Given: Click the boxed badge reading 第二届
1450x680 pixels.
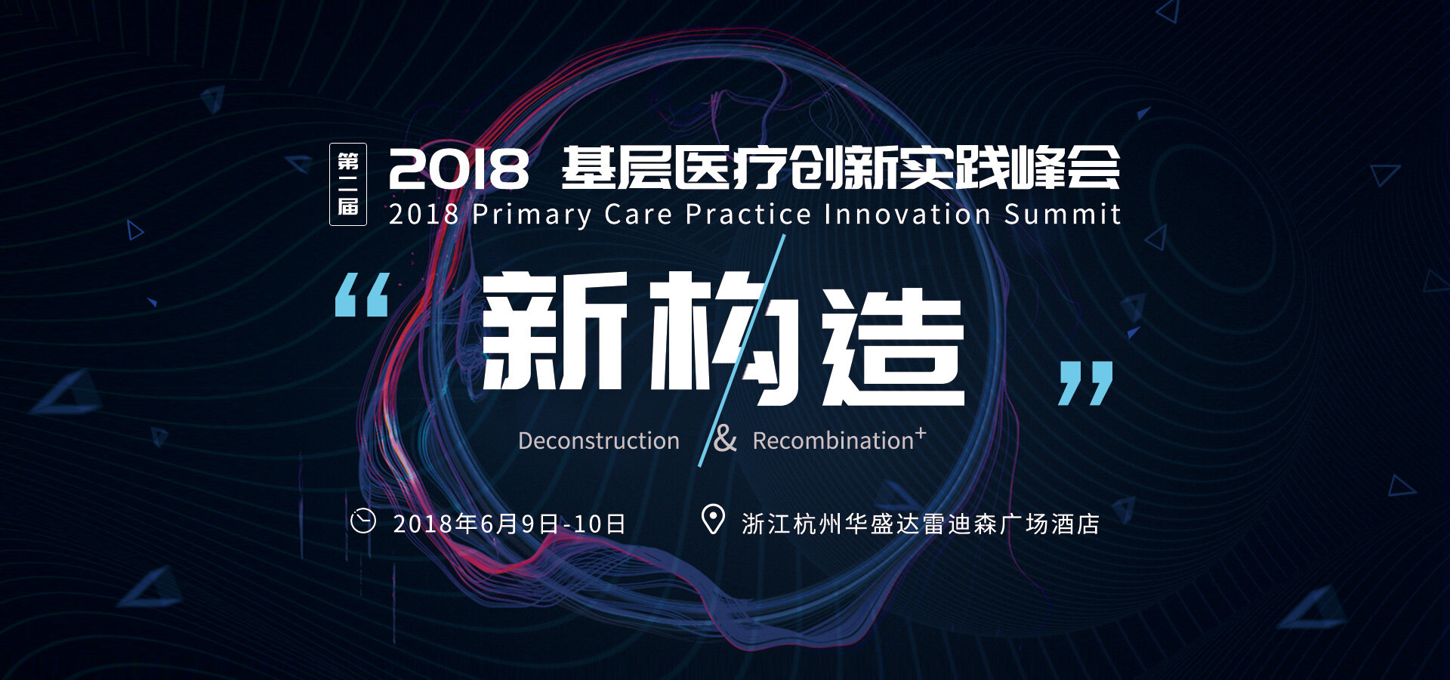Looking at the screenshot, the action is click(x=348, y=184).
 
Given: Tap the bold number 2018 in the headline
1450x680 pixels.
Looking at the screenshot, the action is click(x=458, y=168).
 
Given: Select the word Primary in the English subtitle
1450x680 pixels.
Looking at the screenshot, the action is click(x=532, y=215).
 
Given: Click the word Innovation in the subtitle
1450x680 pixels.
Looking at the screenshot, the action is click(x=907, y=214).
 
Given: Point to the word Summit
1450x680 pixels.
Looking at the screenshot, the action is click(x=1063, y=214).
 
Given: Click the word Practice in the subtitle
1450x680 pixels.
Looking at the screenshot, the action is click(x=748, y=214).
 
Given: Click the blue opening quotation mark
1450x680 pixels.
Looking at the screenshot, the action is click(x=362, y=295).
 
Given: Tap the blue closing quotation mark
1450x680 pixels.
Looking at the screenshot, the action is click(x=1085, y=383).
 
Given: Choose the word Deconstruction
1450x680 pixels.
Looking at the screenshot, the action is click(x=599, y=440).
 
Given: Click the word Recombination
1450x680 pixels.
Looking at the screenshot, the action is click(x=833, y=440).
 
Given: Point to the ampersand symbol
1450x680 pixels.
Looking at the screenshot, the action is click(x=725, y=438).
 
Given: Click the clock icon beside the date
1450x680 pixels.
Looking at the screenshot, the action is click(x=363, y=521).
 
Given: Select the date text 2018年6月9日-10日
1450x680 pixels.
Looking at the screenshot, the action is click(x=510, y=524).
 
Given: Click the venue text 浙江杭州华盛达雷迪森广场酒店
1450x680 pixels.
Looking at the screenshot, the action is click(x=921, y=524).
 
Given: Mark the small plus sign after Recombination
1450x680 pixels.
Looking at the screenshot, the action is click(x=920, y=433).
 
